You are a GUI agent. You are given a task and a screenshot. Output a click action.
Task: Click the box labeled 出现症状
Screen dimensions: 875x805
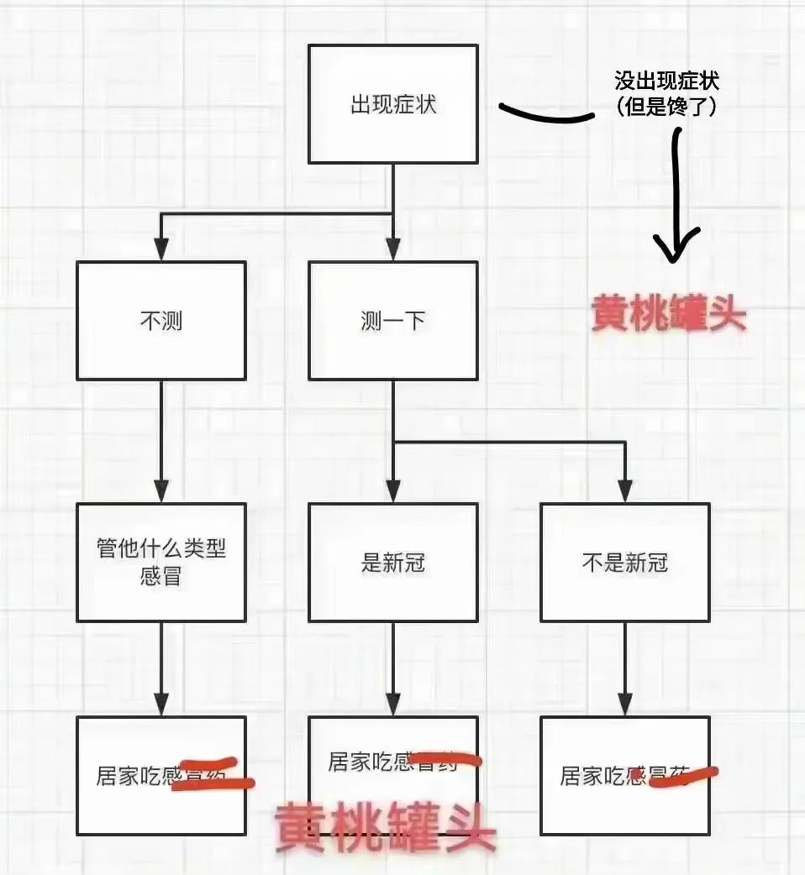pos(392,104)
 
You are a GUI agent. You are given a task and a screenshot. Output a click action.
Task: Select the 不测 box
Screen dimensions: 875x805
pos(160,321)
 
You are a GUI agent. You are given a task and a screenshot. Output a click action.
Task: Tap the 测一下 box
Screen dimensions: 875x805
pos(392,321)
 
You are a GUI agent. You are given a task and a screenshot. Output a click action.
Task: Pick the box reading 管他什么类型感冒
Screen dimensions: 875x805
pos(160,562)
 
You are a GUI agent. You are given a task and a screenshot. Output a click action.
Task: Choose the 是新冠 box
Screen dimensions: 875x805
pos(392,562)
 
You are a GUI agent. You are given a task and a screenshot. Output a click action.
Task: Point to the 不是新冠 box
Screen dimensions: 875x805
pos(624,562)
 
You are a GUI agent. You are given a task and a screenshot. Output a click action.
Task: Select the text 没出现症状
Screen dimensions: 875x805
pos(667,81)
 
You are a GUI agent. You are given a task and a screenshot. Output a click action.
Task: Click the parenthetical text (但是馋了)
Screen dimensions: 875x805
pos(667,107)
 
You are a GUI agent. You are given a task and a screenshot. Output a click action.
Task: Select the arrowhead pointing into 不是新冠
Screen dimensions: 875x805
pos(624,490)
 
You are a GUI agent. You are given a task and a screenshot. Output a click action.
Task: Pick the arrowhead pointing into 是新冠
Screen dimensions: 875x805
pos(392,490)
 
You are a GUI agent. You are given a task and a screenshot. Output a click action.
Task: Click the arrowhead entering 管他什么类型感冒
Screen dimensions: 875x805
pos(160,490)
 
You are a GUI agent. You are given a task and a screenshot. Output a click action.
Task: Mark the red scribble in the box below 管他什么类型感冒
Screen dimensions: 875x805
pos(212,780)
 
